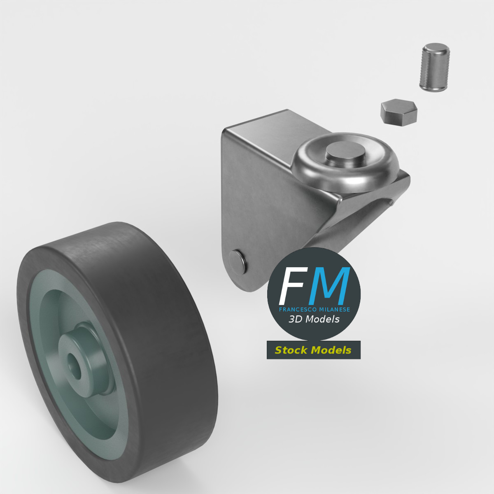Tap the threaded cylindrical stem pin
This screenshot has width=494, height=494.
[x=434, y=69]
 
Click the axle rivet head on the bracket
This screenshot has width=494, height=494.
[x=238, y=260]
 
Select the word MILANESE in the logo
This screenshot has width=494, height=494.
[x=333, y=310]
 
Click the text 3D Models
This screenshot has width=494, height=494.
[x=314, y=319]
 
